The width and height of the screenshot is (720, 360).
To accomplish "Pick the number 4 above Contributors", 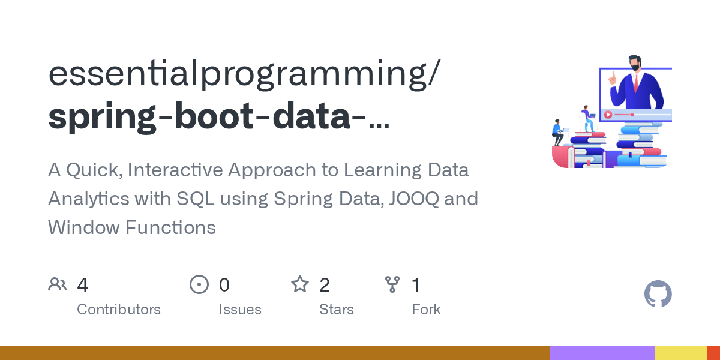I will coord(83,284).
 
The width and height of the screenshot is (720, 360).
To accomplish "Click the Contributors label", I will coord(119,310).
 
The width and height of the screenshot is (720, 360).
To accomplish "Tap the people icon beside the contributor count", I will coord(58,284).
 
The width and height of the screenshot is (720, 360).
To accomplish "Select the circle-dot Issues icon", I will coord(199,284).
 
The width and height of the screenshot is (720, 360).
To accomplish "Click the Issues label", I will coord(240,310).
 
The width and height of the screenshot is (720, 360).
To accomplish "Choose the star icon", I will coord(300,284).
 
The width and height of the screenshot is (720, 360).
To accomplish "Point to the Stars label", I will coord(337,310).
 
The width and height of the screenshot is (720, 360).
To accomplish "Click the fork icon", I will coord(392,284).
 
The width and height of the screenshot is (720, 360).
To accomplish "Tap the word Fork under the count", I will coord(426,310).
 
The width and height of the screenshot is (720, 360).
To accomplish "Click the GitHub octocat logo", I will coord(658,295).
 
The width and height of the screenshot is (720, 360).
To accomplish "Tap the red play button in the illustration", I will coord(608,115).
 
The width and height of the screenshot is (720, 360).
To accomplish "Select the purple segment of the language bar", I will coord(602,353).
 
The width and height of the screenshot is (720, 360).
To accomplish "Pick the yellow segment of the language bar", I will coord(680,353).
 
